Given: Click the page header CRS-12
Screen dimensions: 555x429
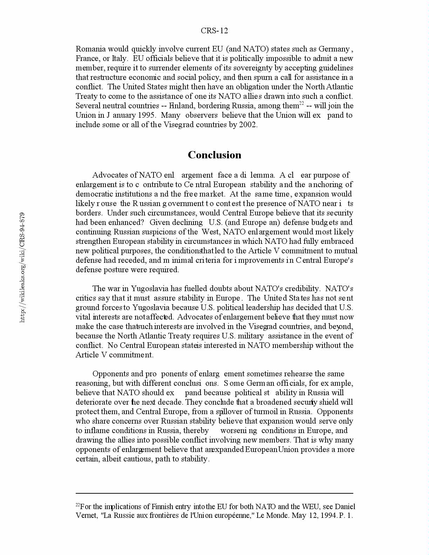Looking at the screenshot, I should tap(214, 31).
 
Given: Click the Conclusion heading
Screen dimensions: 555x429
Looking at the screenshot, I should tap(214, 155).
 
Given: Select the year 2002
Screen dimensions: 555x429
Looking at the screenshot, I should tap(248, 125).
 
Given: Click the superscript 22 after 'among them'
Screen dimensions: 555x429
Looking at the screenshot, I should tap(301, 103).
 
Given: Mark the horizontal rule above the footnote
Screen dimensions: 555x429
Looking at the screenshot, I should tap(214, 493).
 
